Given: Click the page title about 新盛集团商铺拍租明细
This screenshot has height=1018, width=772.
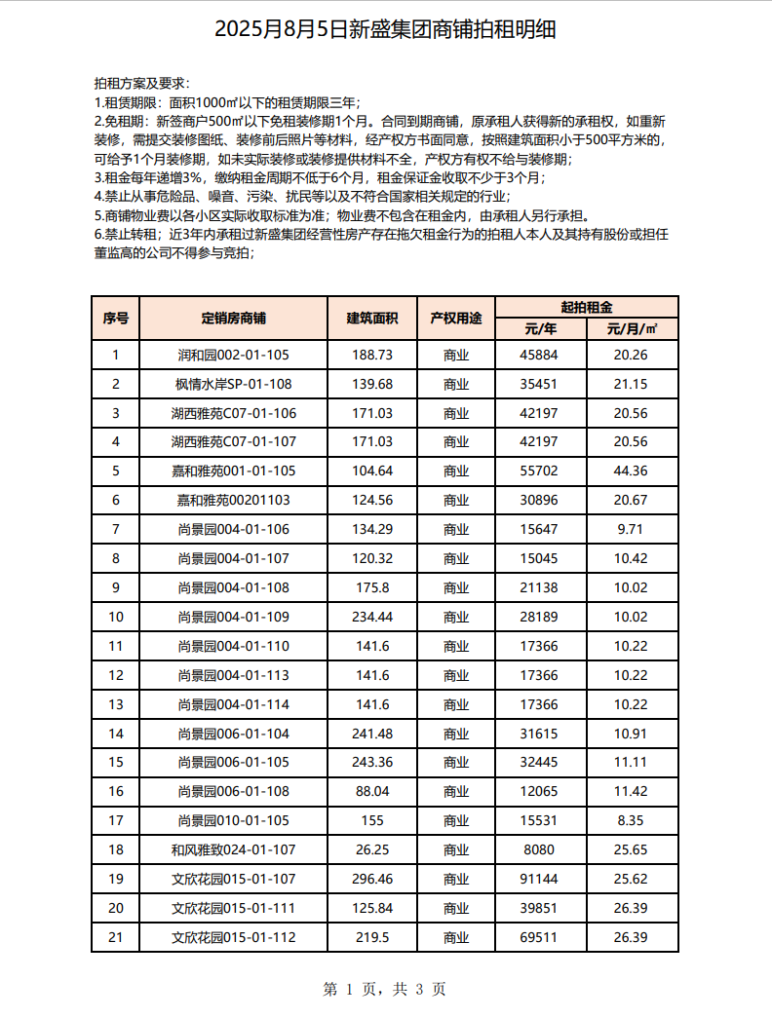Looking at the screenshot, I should tap(385, 29).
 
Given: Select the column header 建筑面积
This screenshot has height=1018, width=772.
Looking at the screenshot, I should tap(372, 319).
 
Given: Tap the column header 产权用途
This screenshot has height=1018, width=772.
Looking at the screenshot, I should tap(456, 319).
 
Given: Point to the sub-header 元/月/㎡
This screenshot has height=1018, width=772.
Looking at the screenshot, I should tap(632, 329).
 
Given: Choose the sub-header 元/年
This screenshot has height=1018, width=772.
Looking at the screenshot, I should tap(541, 329).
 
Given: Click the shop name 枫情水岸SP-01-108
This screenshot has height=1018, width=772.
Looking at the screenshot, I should tap(233, 384).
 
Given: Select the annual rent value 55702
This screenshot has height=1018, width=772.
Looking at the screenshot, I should tap(541, 471).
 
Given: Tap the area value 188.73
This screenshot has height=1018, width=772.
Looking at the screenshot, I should tap(372, 355).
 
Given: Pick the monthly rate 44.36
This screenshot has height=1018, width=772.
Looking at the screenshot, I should tap(631, 471).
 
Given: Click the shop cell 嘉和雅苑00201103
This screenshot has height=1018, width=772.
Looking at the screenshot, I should tap(233, 500).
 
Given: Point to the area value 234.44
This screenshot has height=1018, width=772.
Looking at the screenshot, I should tap(372, 617).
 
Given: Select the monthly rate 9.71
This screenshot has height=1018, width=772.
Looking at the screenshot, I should tap(631, 529).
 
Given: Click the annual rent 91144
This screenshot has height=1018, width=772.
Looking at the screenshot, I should tap(541, 879).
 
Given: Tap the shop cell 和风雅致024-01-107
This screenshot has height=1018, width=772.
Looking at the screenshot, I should tap(233, 849).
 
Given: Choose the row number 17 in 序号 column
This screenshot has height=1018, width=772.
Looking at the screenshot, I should tap(116, 820).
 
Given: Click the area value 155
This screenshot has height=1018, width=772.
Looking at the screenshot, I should tap(372, 820).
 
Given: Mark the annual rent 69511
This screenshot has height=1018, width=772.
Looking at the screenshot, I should tap(541, 937).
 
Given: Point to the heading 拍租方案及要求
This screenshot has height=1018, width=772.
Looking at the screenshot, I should tap(142, 84).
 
